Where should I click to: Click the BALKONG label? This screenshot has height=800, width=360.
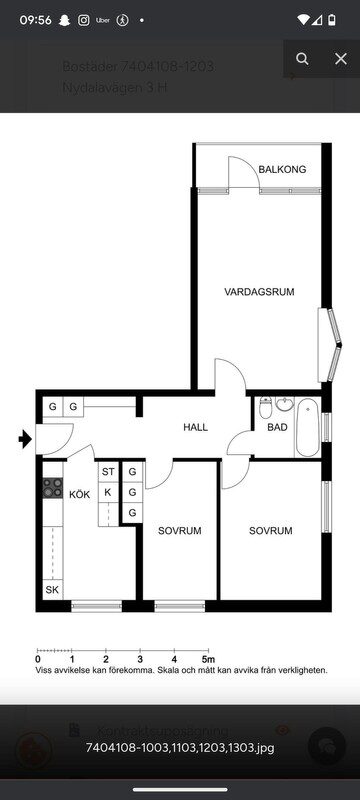[282, 170]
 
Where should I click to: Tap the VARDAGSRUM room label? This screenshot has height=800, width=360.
[259, 292]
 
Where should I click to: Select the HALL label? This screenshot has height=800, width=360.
[196, 427]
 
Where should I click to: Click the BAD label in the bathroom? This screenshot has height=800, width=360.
[277, 428]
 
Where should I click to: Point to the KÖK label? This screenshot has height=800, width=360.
[79, 493]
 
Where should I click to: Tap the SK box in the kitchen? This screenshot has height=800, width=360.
[52, 590]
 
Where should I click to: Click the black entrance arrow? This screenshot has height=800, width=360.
[24, 437]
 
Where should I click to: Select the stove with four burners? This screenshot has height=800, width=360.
[51, 490]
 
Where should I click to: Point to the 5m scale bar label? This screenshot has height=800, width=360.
[207, 659]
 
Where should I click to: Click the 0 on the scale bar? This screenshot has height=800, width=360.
[38, 659]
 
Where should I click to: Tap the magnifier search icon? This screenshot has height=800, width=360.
[302, 59]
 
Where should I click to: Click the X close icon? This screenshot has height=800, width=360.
[340, 59]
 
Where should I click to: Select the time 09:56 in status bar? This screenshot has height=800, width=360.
[35, 19]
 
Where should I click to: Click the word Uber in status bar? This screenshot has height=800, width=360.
[102, 19]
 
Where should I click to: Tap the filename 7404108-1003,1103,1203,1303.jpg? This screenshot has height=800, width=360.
[180, 747]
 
